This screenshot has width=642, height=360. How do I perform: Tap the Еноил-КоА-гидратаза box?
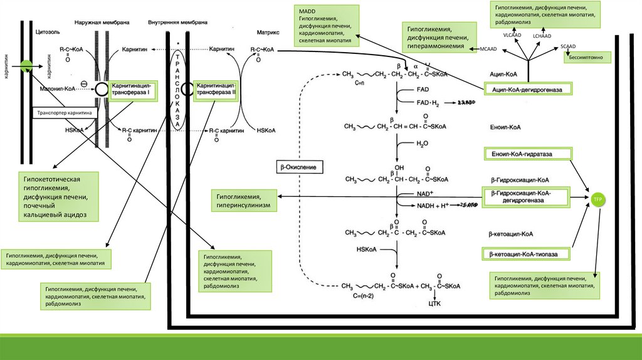(527, 154)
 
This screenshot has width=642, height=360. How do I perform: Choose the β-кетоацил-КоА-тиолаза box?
(527, 254)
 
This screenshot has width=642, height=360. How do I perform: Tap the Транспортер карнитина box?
(65, 114)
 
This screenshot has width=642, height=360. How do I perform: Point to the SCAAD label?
(568, 46)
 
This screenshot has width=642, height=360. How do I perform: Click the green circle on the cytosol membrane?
(25, 64)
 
